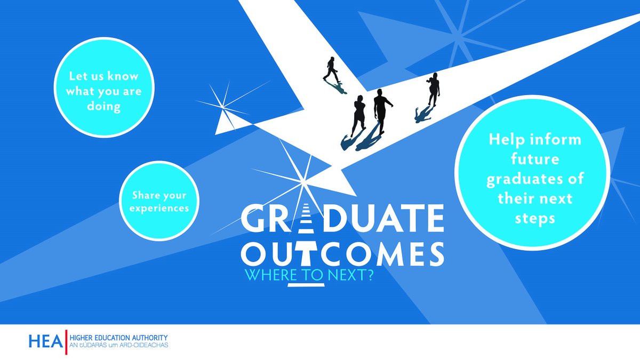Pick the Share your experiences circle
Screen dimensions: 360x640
[162, 201]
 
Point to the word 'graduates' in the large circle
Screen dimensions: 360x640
[534, 179]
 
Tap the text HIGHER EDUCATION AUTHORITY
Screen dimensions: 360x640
[119, 338]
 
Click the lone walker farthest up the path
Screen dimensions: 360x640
[331, 69]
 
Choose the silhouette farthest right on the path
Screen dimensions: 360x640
[433, 90]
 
